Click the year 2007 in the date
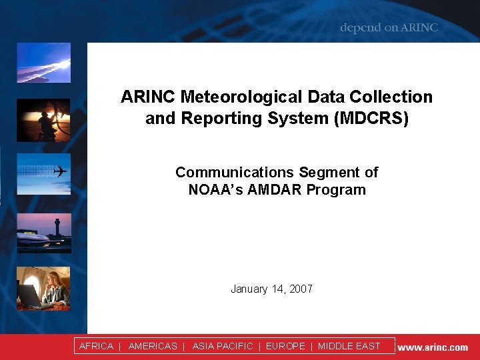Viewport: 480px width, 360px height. click(301, 289)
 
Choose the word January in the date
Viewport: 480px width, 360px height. click(249, 289)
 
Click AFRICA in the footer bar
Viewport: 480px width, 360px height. click(96, 346)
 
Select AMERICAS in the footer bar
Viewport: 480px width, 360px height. click(153, 346)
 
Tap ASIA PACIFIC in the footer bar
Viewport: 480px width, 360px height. click(223, 346)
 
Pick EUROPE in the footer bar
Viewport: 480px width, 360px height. click(285, 346)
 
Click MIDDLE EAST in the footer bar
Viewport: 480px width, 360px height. click(349, 346)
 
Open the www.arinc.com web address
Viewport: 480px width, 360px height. click(433, 347)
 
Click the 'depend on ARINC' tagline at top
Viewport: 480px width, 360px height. click(389, 28)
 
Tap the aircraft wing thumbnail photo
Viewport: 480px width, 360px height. click(43, 63)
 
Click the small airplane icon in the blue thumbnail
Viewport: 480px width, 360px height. click(61, 171)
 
